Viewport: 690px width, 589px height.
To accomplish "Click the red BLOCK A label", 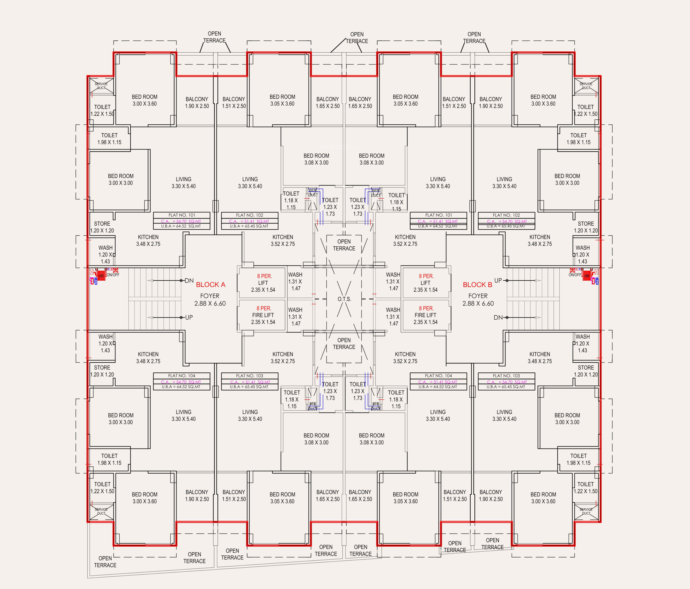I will point(210,285).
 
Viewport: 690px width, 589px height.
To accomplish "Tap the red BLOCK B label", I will point(477,285).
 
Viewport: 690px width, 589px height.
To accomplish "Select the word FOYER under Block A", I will point(210,296).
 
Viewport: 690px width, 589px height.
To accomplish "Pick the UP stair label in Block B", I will point(498,280).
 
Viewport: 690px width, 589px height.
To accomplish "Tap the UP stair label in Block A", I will point(189,318).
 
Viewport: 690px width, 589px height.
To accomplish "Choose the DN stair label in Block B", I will point(498,318).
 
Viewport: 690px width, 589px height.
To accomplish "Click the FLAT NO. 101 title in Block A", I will point(182,215).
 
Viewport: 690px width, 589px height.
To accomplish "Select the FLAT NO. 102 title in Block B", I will point(506,215).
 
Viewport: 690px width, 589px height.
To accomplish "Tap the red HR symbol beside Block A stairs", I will point(101,276).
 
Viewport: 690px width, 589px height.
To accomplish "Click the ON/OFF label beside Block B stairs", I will point(575,275).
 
